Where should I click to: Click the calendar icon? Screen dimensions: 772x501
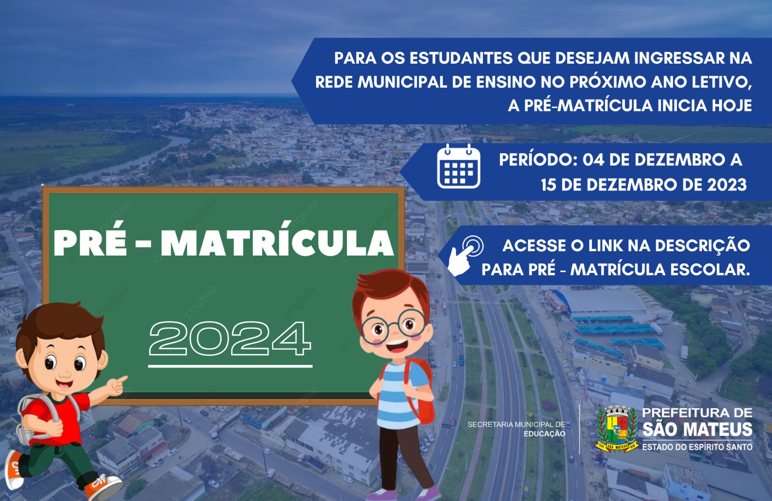coord(458,166)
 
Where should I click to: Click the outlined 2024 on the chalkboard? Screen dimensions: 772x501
coord(230,338)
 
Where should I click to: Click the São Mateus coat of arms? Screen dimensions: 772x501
coord(617,428)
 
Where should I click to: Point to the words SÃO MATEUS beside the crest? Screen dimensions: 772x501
coord(698,429)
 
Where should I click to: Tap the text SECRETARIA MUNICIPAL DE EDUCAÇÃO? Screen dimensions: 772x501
coord(516,429)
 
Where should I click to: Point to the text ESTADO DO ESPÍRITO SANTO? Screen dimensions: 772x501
coord(697,447)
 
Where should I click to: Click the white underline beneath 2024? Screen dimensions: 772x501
coord(230,366)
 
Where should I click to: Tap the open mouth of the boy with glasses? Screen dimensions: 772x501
coord(397,346)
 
